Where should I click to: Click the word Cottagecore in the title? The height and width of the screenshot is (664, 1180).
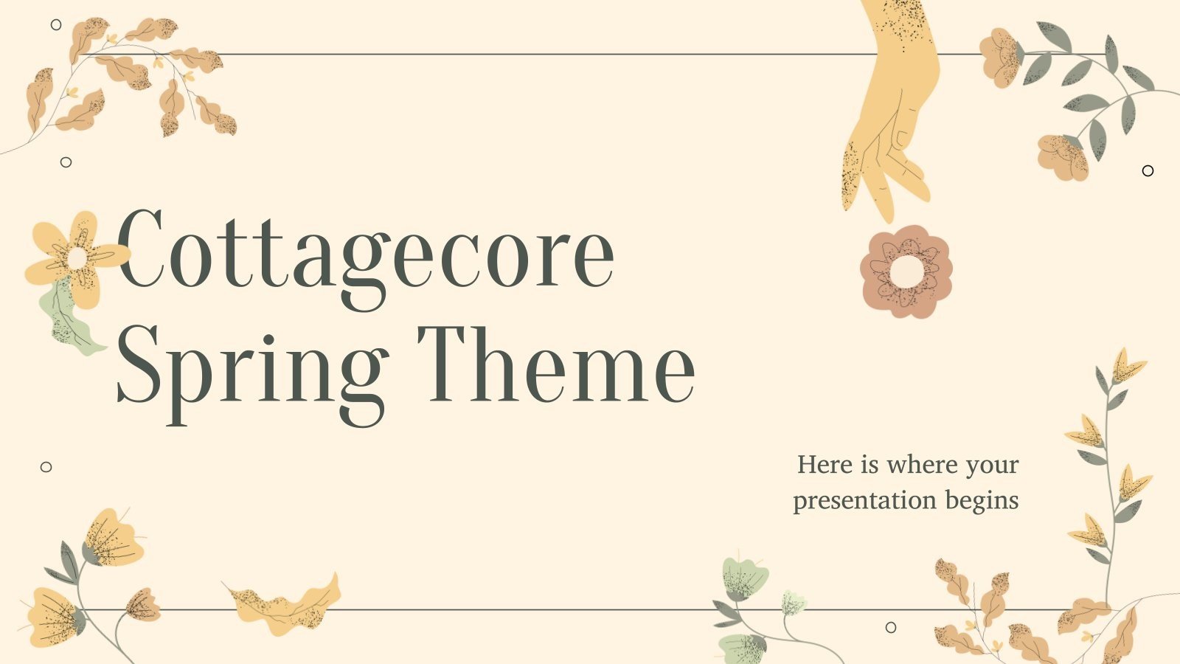point(365,251)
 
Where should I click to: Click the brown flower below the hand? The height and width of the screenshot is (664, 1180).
point(906,272)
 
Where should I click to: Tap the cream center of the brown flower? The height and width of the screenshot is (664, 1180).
point(906,272)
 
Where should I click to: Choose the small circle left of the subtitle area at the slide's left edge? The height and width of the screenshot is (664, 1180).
point(46,466)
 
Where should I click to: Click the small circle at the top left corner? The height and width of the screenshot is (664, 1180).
point(56,24)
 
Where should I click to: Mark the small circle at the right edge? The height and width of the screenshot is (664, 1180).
point(1148,170)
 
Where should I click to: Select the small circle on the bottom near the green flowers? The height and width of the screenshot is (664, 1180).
point(890,627)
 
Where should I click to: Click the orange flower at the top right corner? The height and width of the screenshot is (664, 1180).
point(999,55)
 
